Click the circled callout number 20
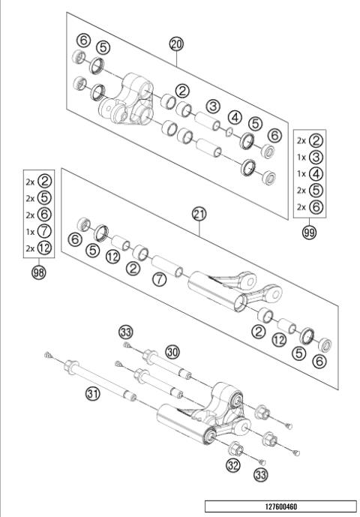point(176,44)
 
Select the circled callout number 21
point(199,215)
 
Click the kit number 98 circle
point(38,272)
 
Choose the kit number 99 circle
point(309,233)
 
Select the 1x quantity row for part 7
point(38,233)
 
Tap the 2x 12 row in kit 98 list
point(38,249)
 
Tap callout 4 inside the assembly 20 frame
point(235,117)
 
